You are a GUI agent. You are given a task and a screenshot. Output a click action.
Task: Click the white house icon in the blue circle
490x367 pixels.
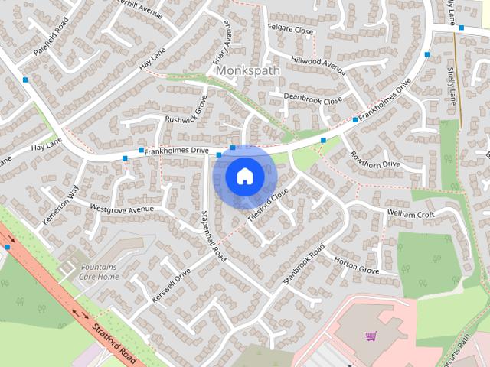click(x=244, y=176)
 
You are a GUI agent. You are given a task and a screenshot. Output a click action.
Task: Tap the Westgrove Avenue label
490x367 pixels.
click(x=122, y=209)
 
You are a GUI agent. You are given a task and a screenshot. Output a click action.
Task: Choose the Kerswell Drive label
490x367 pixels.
click(x=171, y=284)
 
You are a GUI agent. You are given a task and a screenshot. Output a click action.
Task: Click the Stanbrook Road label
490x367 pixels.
click(x=304, y=265)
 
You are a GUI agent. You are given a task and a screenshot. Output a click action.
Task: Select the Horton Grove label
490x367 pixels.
click(x=356, y=266)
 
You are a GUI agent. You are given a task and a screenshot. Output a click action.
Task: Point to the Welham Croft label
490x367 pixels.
click(x=411, y=215)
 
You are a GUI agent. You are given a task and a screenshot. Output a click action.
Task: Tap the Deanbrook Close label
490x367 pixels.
click(x=312, y=99)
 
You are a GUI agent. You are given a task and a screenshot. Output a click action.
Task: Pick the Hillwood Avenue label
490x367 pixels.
click(x=318, y=64)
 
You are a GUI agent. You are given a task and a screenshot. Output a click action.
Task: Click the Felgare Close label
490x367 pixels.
click(x=290, y=31)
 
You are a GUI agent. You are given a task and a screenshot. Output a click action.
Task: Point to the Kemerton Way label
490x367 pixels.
click(x=61, y=206)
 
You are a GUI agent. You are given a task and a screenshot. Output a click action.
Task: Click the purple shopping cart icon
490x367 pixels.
click(x=371, y=336)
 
